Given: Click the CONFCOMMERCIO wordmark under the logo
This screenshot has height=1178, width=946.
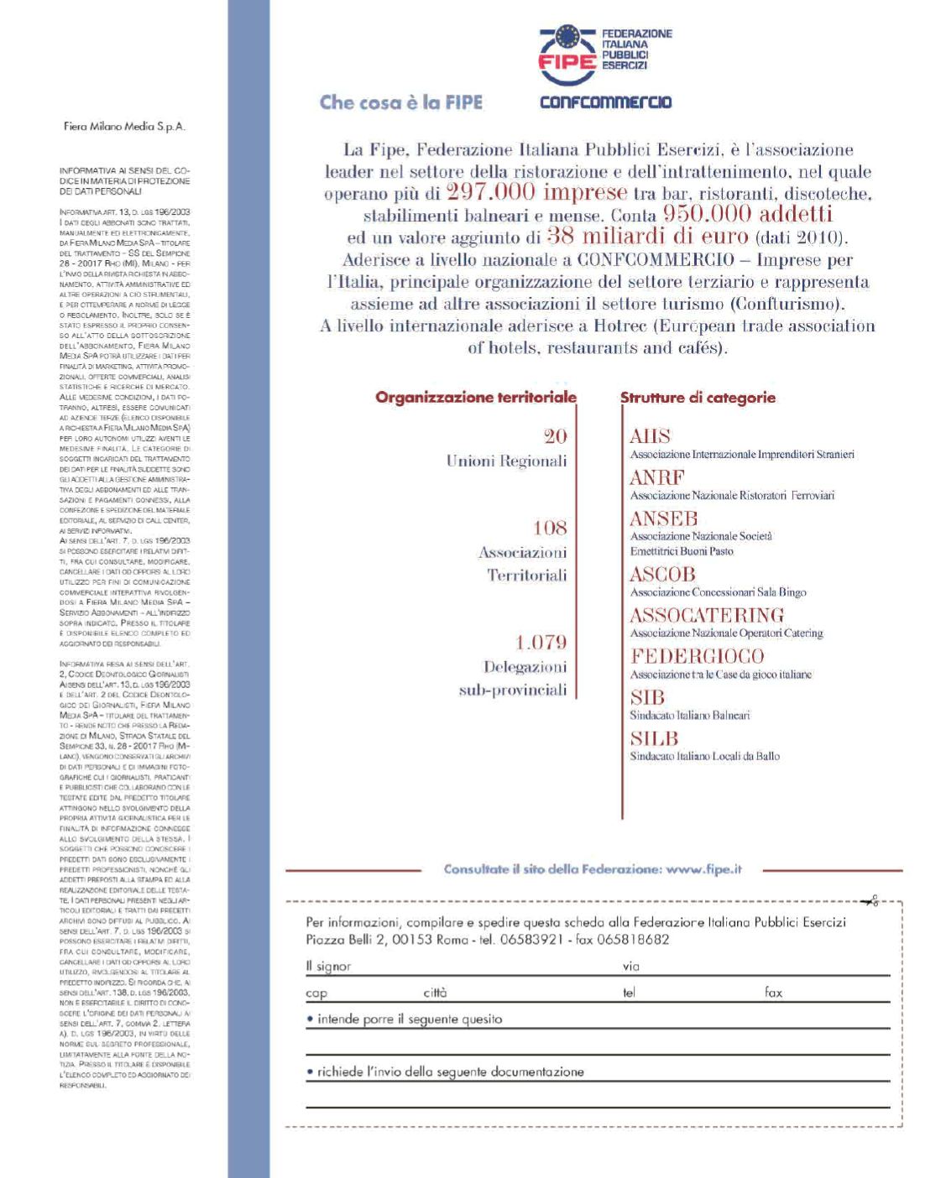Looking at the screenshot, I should pyautogui.click(x=605, y=102).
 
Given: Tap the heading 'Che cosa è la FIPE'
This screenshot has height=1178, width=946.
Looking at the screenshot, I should pyautogui.click(x=401, y=102).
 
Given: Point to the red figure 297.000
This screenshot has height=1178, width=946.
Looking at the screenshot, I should pyautogui.click(x=491, y=192).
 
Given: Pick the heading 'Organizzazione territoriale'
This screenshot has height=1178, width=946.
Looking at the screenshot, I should pyautogui.click(x=476, y=397).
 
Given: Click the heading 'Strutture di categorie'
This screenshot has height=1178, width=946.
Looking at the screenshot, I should pyautogui.click(x=698, y=397).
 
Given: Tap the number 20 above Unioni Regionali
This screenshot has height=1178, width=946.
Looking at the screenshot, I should pyautogui.click(x=555, y=435).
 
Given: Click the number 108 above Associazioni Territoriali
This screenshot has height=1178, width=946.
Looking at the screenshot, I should pyautogui.click(x=550, y=528).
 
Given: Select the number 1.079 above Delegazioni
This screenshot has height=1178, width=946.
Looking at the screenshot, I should pyautogui.click(x=541, y=643).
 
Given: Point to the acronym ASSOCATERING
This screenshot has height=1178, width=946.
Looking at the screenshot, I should pyautogui.click(x=707, y=615).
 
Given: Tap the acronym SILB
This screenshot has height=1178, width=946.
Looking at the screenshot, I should pyautogui.click(x=653, y=738).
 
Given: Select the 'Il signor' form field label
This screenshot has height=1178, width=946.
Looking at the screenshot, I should pyautogui.click(x=328, y=967).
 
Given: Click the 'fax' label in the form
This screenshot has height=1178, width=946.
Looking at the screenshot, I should pyautogui.click(x=773, y=993).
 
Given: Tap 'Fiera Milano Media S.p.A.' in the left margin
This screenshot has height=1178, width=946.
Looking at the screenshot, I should pyautogui.click(x=124, y=127).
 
